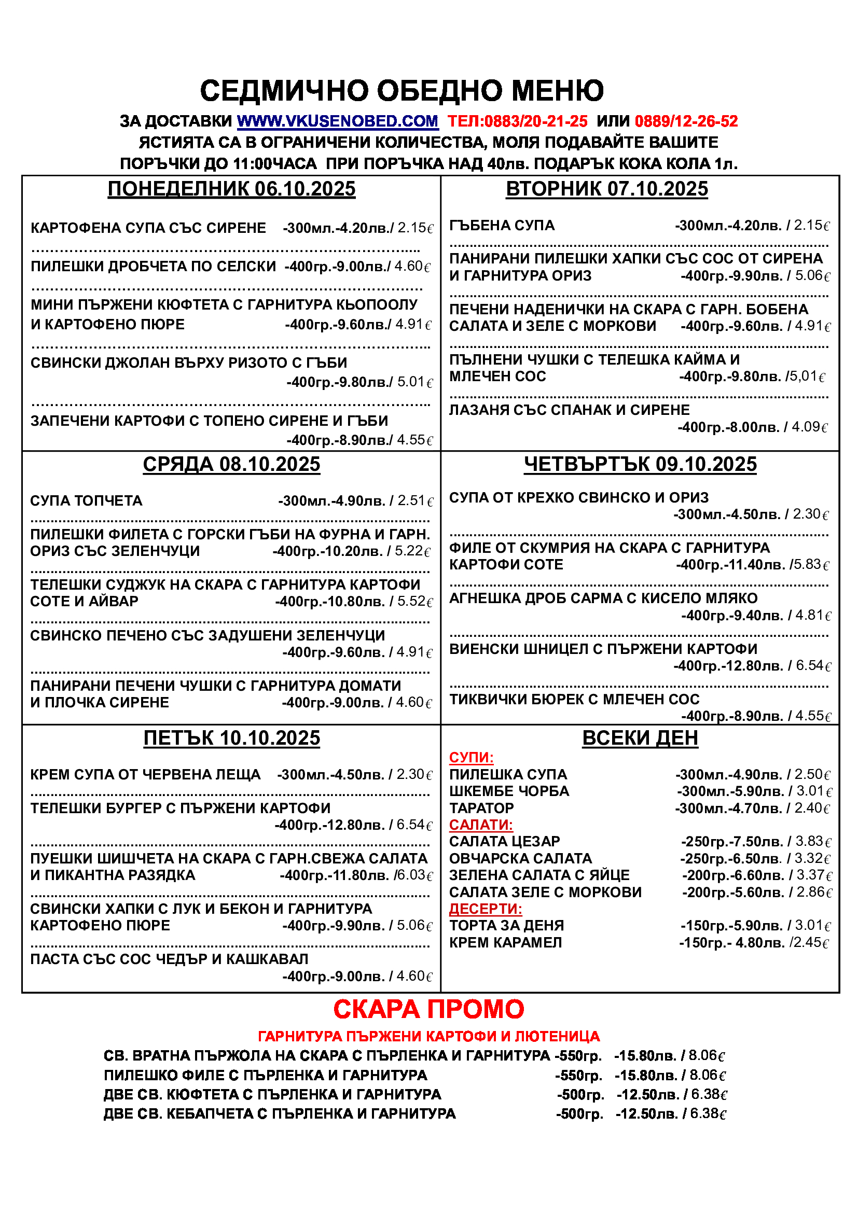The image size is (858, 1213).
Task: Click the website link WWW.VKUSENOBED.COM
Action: click(338, 121)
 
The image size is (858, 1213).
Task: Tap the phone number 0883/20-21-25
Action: click(535, 121)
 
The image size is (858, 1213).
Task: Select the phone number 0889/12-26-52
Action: click(686, 121)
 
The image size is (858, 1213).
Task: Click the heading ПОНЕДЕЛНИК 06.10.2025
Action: click(231, 189)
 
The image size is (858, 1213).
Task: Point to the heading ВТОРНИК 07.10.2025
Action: click(606, 189)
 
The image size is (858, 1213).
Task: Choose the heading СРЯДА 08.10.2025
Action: click(231, 464)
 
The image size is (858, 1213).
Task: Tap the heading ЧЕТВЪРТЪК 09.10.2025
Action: click(640, 464)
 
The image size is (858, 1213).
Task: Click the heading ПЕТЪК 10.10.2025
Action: click(231, 738)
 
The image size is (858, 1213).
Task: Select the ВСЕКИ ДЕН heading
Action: click(640, 738)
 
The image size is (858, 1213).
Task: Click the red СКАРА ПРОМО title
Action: click(428, 1010)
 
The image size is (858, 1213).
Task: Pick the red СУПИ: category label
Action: click(471, 758)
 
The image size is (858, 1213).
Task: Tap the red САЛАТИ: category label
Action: click(481, 825)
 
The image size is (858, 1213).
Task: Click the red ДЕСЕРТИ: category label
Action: click(486, 909)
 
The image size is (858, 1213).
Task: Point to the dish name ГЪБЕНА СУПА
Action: click(502, 226)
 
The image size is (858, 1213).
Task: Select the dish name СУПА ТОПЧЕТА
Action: click(86, 501)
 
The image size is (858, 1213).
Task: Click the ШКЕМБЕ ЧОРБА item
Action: click(509, 791)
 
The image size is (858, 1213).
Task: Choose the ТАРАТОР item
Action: click(481, 808)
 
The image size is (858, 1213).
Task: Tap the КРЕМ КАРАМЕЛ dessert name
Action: click(506, 942)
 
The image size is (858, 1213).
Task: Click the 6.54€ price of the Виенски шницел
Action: click(813, 666)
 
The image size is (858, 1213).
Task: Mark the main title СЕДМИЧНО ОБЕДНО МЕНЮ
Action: click(402, 90)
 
